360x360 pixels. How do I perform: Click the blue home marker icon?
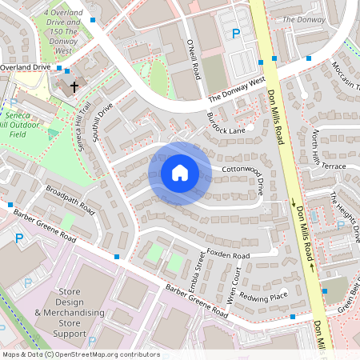pos(180,172)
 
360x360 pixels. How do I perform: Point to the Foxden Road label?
pos(227,256)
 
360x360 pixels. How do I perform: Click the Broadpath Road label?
pos(70,201)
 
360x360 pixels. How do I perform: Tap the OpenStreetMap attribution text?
pos(80,354)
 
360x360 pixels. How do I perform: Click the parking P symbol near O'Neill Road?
pos(235,34)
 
